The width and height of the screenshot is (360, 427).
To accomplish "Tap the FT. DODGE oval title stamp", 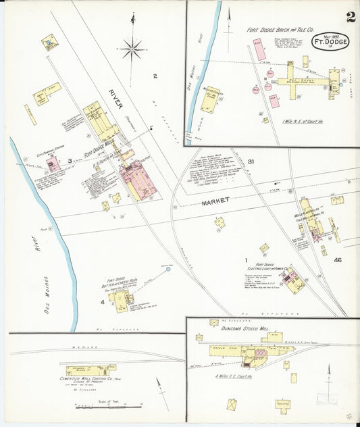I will point(330,44).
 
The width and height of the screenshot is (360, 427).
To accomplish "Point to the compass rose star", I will point(132,47).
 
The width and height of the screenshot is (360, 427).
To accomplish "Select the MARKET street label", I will point(215,200).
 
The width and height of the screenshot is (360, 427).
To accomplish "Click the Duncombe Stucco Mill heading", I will point(245,328).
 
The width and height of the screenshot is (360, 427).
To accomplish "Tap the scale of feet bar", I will point(108,405).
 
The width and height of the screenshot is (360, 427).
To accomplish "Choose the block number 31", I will point(250,161).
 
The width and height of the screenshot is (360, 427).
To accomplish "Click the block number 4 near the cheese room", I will point(103,302).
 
